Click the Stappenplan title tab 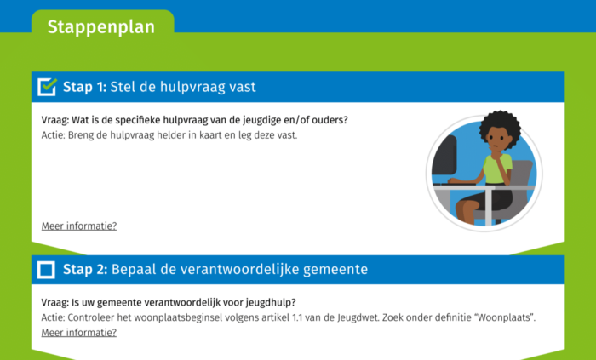pos(101,27)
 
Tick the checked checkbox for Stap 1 pos(48,87)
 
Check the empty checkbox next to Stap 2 pos(47,270)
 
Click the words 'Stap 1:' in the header pos(84,87)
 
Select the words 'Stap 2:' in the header pos(84,270)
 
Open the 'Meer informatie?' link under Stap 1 pos(79,226)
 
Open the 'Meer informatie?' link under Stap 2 pos(79,332)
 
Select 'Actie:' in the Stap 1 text pos(54,134)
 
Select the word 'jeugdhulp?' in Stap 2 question pos(282,302)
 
